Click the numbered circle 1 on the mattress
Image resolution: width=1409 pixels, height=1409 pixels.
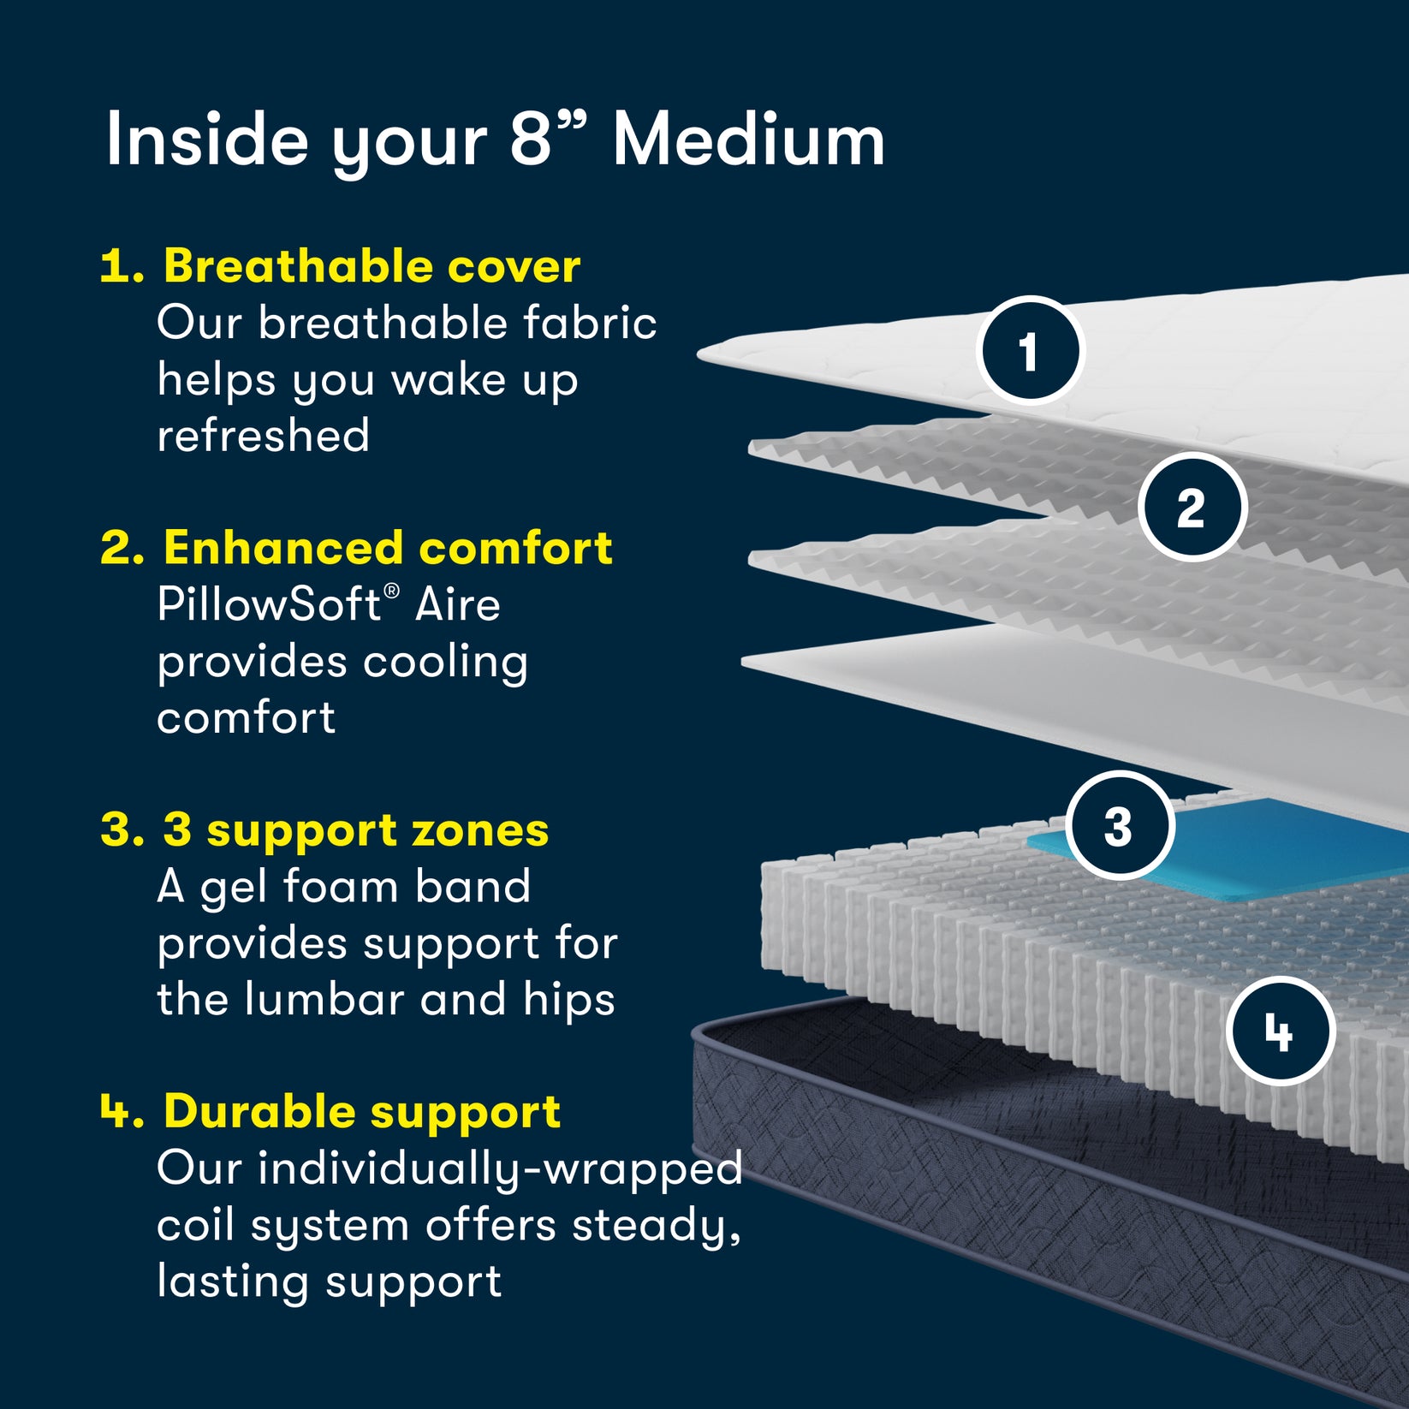[x=1030, y=350]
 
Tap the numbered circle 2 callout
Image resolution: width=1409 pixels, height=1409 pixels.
[x=1192, y=507]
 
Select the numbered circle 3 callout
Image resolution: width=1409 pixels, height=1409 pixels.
[x=1119, y=825]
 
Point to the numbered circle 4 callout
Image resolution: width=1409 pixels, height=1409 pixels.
[x=1280, y=1031]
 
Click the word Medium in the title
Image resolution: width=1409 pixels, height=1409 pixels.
[x=748, y=140]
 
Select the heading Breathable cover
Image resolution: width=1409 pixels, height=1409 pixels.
[x=372, y=266]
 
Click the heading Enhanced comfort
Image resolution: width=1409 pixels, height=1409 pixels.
[x=387, y=548]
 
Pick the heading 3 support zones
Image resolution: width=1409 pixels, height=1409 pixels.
[x=355, y=829]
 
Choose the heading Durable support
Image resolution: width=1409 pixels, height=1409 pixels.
[x=361, y=1111]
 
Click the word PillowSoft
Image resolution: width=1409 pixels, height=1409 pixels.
[x=269, y=604]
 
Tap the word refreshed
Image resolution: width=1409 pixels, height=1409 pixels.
[x=263, y=436]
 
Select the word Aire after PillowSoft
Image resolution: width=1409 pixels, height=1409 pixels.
[x=457, y=604]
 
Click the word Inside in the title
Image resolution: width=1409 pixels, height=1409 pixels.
[x=206, y=140]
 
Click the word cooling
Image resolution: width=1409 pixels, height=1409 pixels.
[x=445, y=662]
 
